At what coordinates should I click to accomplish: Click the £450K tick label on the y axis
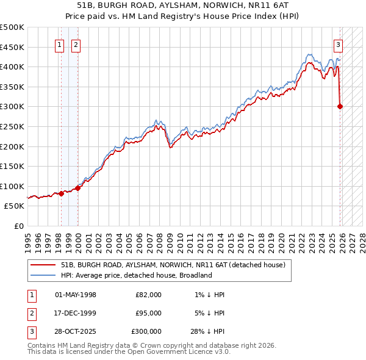click(x=12, y=47)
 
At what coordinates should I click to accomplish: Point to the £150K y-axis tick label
click(x=12, y=166)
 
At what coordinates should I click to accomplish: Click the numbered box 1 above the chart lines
click(x=60, y=44)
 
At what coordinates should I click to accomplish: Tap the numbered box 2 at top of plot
click(x=76, y=44)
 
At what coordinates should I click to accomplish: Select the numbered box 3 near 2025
click(x=338, y=44)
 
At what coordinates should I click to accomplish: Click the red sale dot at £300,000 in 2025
click(x=340, y=106)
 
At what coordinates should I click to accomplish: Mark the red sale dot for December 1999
click(x=77, y=188)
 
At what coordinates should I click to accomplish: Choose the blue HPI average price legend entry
click(x=136, y=275)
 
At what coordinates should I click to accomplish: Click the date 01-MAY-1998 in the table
click(x=76, y=295)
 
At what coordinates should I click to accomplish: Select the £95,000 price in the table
click(x=148, y=313)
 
